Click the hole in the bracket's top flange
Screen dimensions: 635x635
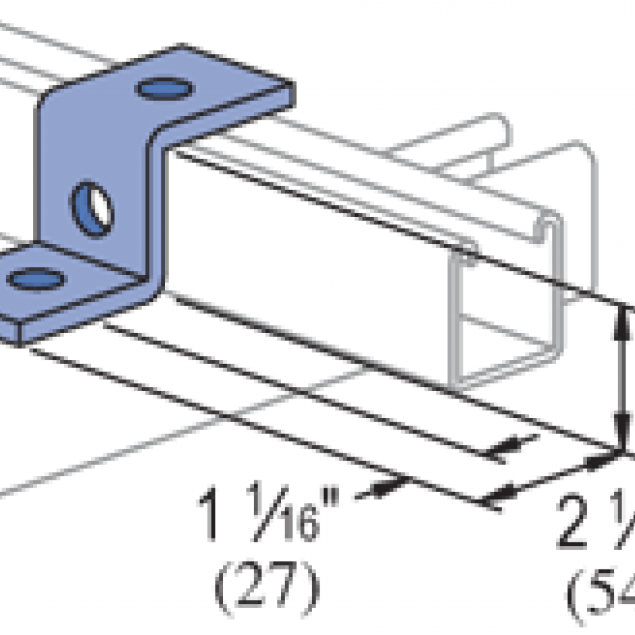(x=164, y=88)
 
